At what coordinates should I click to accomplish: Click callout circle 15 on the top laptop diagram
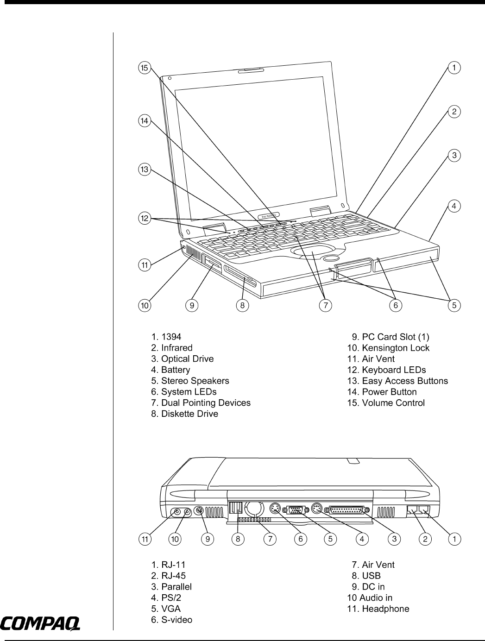click(145, 68)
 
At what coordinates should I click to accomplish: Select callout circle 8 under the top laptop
click(242, 305)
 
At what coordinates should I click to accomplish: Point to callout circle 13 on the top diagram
click(145, 170)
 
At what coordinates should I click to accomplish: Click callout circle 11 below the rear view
click(145, 539)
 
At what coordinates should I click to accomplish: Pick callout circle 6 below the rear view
click(301, 539)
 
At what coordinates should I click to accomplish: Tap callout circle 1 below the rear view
click(455, 539)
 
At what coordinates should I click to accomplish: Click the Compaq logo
click(41, 623)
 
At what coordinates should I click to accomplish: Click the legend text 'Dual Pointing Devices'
click(206, 403)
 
